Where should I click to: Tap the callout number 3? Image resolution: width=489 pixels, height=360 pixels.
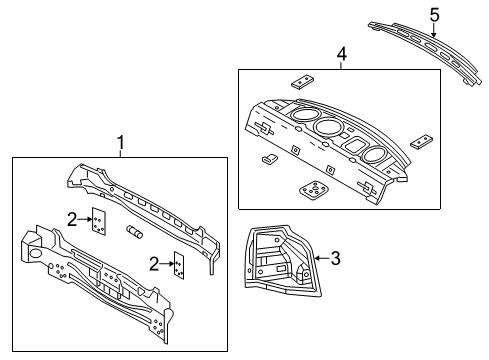pos(335,259)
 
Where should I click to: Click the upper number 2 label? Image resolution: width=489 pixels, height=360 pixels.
pos(71,219)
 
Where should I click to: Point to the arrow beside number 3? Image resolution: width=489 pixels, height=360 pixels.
pos(318,259)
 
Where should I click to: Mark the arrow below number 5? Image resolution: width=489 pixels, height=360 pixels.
pos(434,32)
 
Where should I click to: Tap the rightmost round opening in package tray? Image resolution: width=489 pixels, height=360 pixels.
pos(373,155)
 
